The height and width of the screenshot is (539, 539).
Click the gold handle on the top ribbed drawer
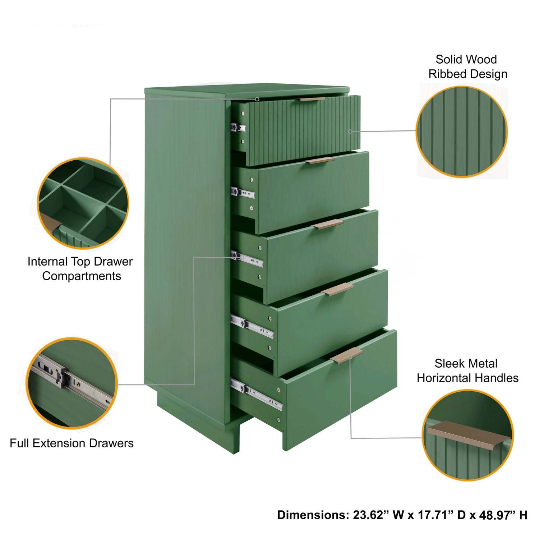(312, 99)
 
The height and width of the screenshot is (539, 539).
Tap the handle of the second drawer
(320, 161)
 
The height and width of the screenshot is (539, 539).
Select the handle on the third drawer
(327, 225)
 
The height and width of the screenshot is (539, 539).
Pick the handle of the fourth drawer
(337, 289)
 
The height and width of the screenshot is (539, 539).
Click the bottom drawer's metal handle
(347, 355)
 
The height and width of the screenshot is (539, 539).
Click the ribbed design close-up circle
(462, 132)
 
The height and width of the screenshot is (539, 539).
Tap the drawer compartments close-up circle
(83, 203)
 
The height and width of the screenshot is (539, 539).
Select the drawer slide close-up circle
(72, 383)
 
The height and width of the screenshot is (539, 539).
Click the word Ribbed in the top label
(447, 74)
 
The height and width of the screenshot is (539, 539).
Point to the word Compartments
(82, 276)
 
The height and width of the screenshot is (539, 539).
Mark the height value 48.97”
(497, 515)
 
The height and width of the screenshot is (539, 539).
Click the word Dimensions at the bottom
(313, 515)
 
